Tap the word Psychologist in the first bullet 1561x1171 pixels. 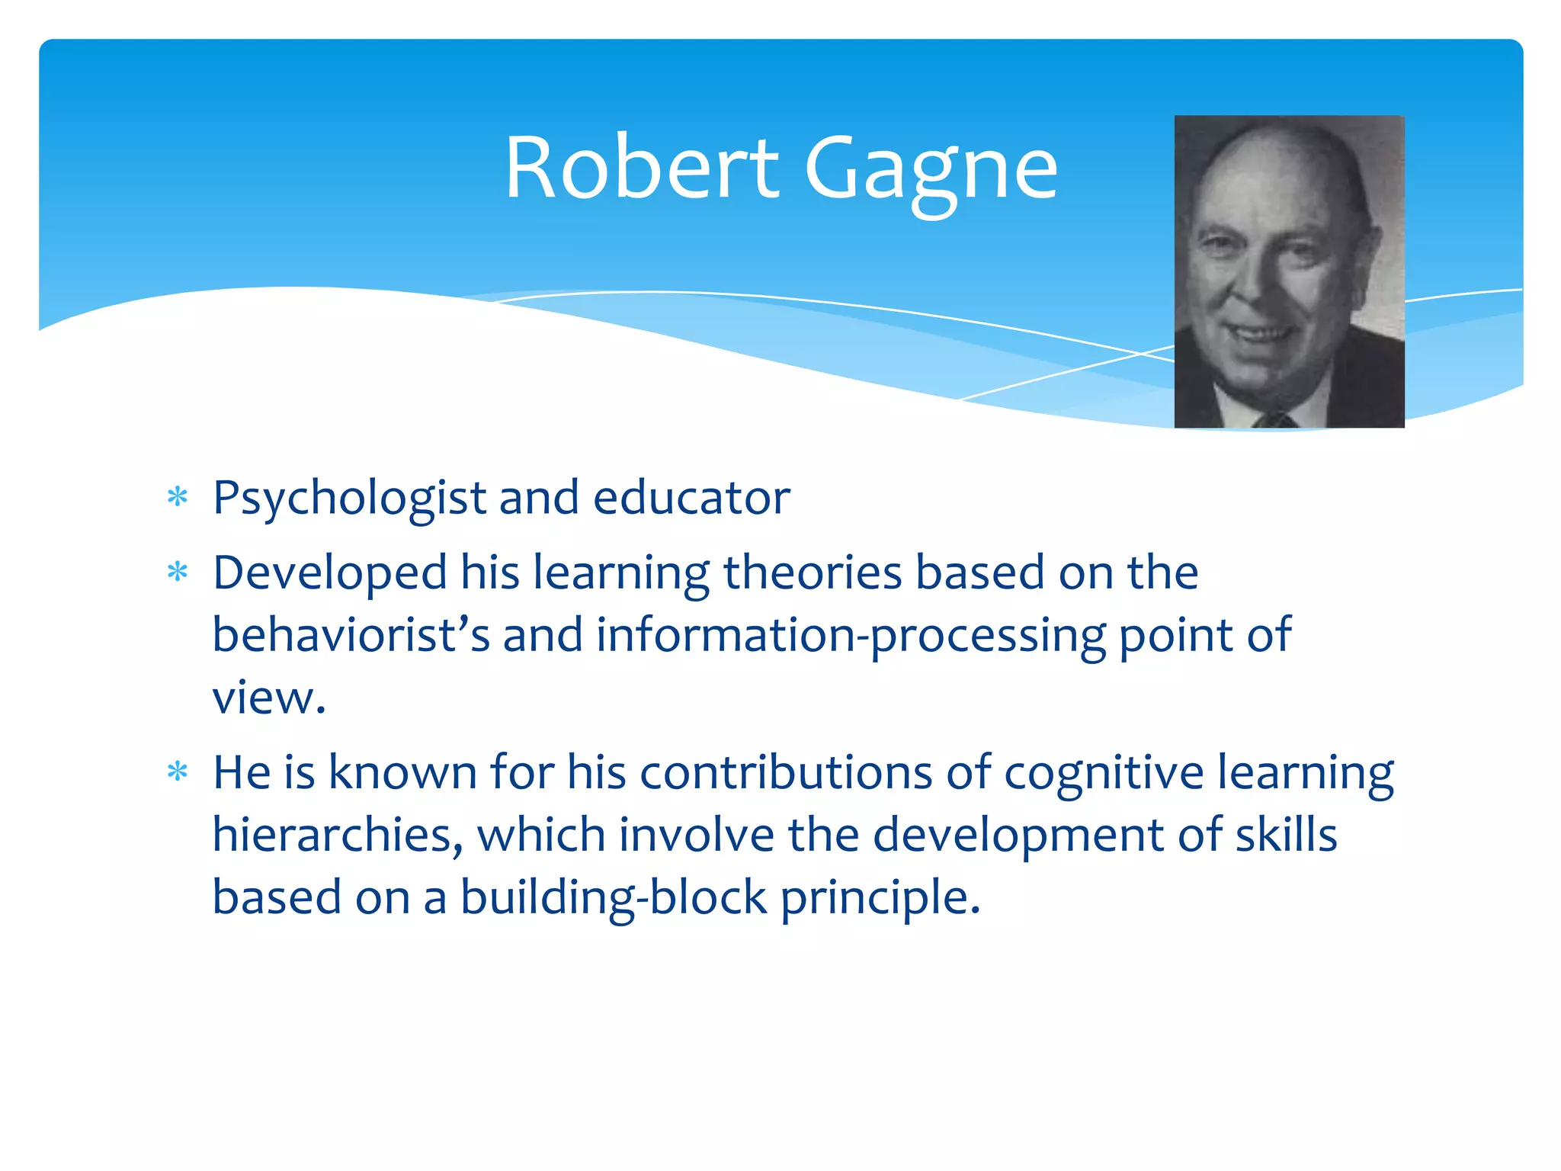click(349, 499)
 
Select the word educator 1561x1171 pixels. click(691, 498)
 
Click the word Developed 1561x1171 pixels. click(330, 573)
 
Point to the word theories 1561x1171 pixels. click(813, 573)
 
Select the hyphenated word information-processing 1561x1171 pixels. click(850, 636)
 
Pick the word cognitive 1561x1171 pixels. click(1104, 774)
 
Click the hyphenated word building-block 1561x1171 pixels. click(614, 897)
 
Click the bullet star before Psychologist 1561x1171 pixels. click(178, 498)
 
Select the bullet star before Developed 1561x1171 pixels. click(178, 572)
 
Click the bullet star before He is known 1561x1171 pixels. click(178, 772)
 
